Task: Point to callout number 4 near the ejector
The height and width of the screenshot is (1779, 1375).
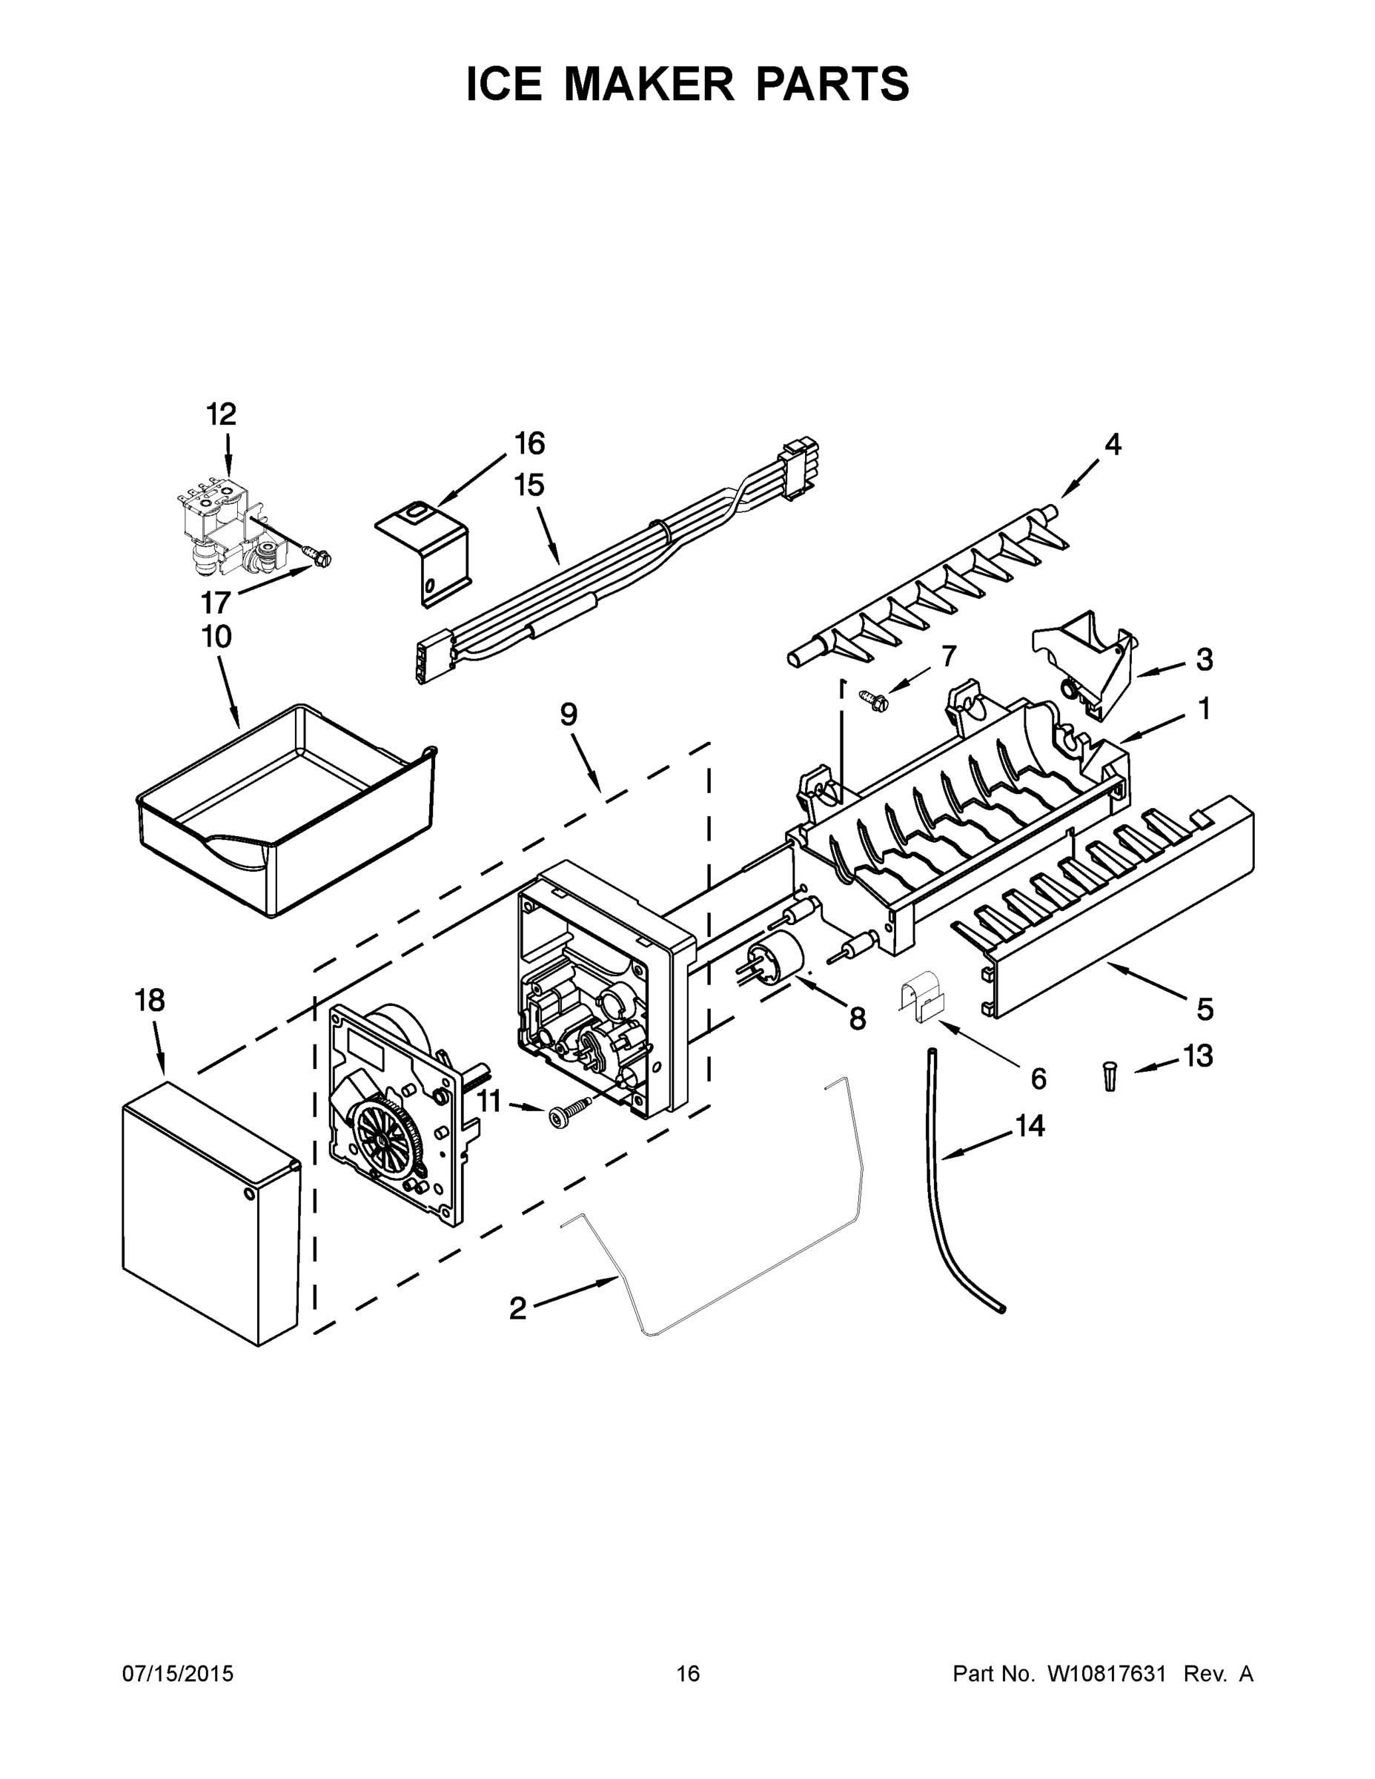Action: [x=1113, y=445]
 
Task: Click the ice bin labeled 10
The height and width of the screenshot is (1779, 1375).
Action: [x=285, y=806]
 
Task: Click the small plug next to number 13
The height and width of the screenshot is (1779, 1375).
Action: [x=1110, y=1077]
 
